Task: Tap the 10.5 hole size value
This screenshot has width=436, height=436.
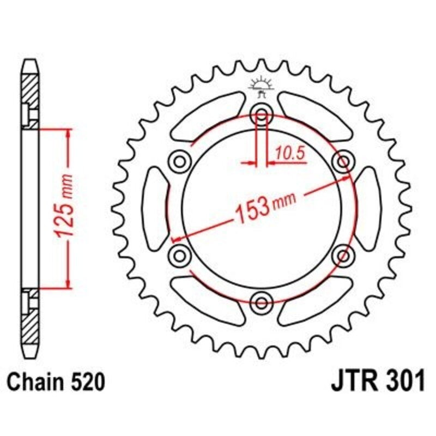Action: click(x=289, y=154)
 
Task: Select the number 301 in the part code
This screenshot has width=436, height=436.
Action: click(x=404, y=382)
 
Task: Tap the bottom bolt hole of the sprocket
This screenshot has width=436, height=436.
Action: click(x=262, y=301)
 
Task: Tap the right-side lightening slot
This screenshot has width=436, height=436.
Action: click(x=368, y=207)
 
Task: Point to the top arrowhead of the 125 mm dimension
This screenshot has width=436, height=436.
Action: click(x=68, y=134)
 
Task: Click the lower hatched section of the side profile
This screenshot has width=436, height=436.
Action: click(x=31, y=322)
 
